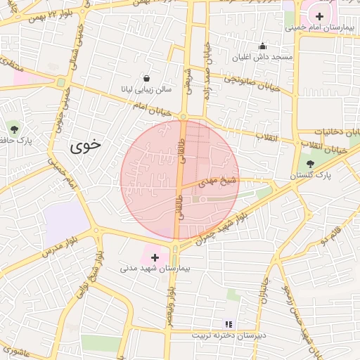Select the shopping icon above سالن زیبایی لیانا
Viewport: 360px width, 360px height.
click(146, 79)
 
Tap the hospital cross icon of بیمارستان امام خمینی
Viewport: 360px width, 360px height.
click(320, 15)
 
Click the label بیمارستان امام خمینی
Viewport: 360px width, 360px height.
click(317, 27)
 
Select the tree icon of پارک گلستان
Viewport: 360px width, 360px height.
click(310, 162)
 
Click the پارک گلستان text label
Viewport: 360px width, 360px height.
click(312, 174)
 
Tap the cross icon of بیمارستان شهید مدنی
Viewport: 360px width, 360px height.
click(155, 257)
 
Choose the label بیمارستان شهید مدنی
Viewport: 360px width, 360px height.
click(151, 269)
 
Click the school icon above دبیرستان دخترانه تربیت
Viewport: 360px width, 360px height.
click(228, 324)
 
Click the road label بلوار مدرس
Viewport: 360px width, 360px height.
click(59, 243)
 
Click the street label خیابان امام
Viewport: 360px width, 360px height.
click(148, 105)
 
